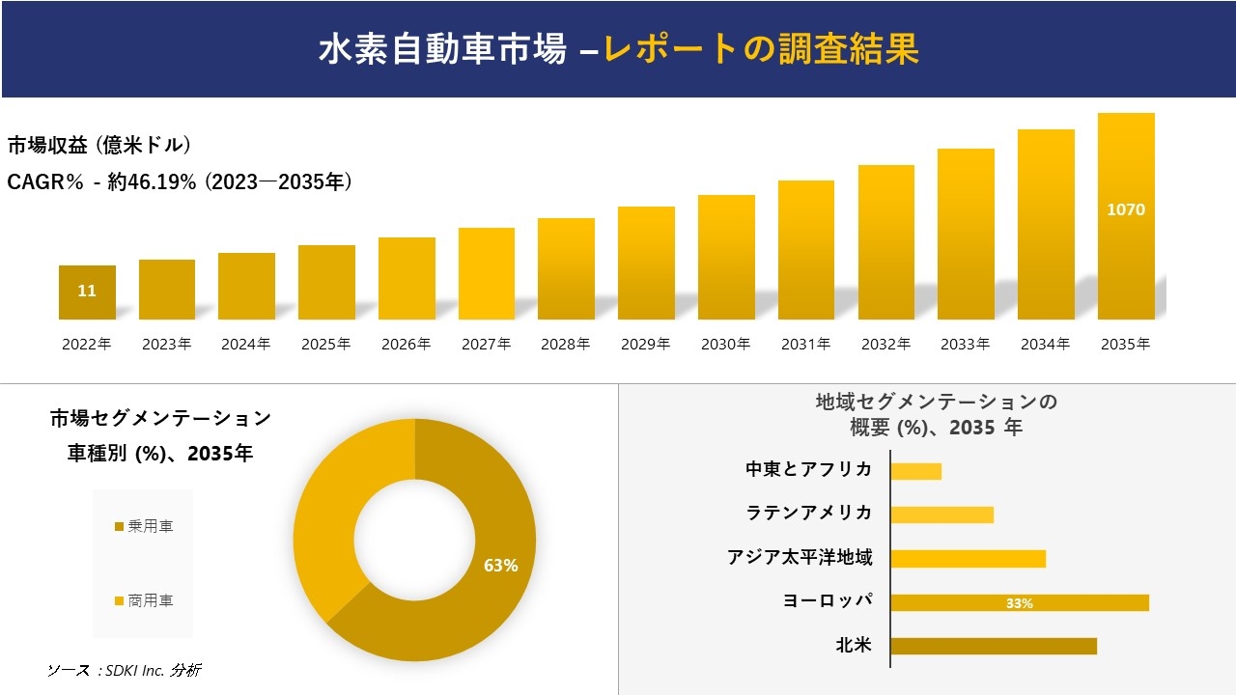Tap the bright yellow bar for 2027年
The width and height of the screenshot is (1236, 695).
[486, 274]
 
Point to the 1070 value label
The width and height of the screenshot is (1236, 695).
[1126, 209]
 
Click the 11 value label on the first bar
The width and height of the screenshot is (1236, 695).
[87, 291]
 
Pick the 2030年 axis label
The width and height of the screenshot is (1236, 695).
[725, 345]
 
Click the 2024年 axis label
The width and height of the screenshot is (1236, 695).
[245, 345]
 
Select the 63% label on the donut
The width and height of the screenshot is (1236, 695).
[500, 566]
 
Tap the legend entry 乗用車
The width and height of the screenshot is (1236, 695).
[144, 526]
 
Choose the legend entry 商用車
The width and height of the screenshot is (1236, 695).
[144, 600]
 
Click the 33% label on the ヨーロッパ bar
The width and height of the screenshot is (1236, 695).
[1020, 603]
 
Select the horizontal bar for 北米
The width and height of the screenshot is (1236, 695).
[994, 646]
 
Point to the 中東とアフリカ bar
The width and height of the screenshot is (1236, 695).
[915, 471]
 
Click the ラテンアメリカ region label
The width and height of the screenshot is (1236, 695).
[809, 513]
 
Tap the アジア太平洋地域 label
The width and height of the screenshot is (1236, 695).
[800, 557]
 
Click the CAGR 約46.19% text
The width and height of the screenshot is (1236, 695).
[180, 181]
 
